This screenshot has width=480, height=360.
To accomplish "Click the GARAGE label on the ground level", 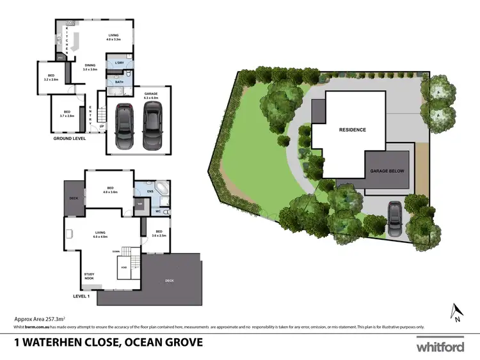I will click(150, 95).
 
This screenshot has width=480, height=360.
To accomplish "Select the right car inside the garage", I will click(151, 125).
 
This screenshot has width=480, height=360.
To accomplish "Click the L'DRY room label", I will click(119, 63).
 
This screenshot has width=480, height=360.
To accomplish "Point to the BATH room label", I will click(119, 82).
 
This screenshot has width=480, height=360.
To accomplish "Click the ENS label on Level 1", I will click(150, 191).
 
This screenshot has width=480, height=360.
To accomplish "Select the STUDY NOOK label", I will click(89, 276).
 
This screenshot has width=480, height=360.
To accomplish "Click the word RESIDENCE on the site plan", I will click(352, 130).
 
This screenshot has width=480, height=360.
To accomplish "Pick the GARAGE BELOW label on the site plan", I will click(387, 171).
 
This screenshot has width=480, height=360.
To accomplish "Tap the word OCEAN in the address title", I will click(134, 342).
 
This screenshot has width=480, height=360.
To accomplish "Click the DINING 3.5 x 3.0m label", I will click(90, 67).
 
